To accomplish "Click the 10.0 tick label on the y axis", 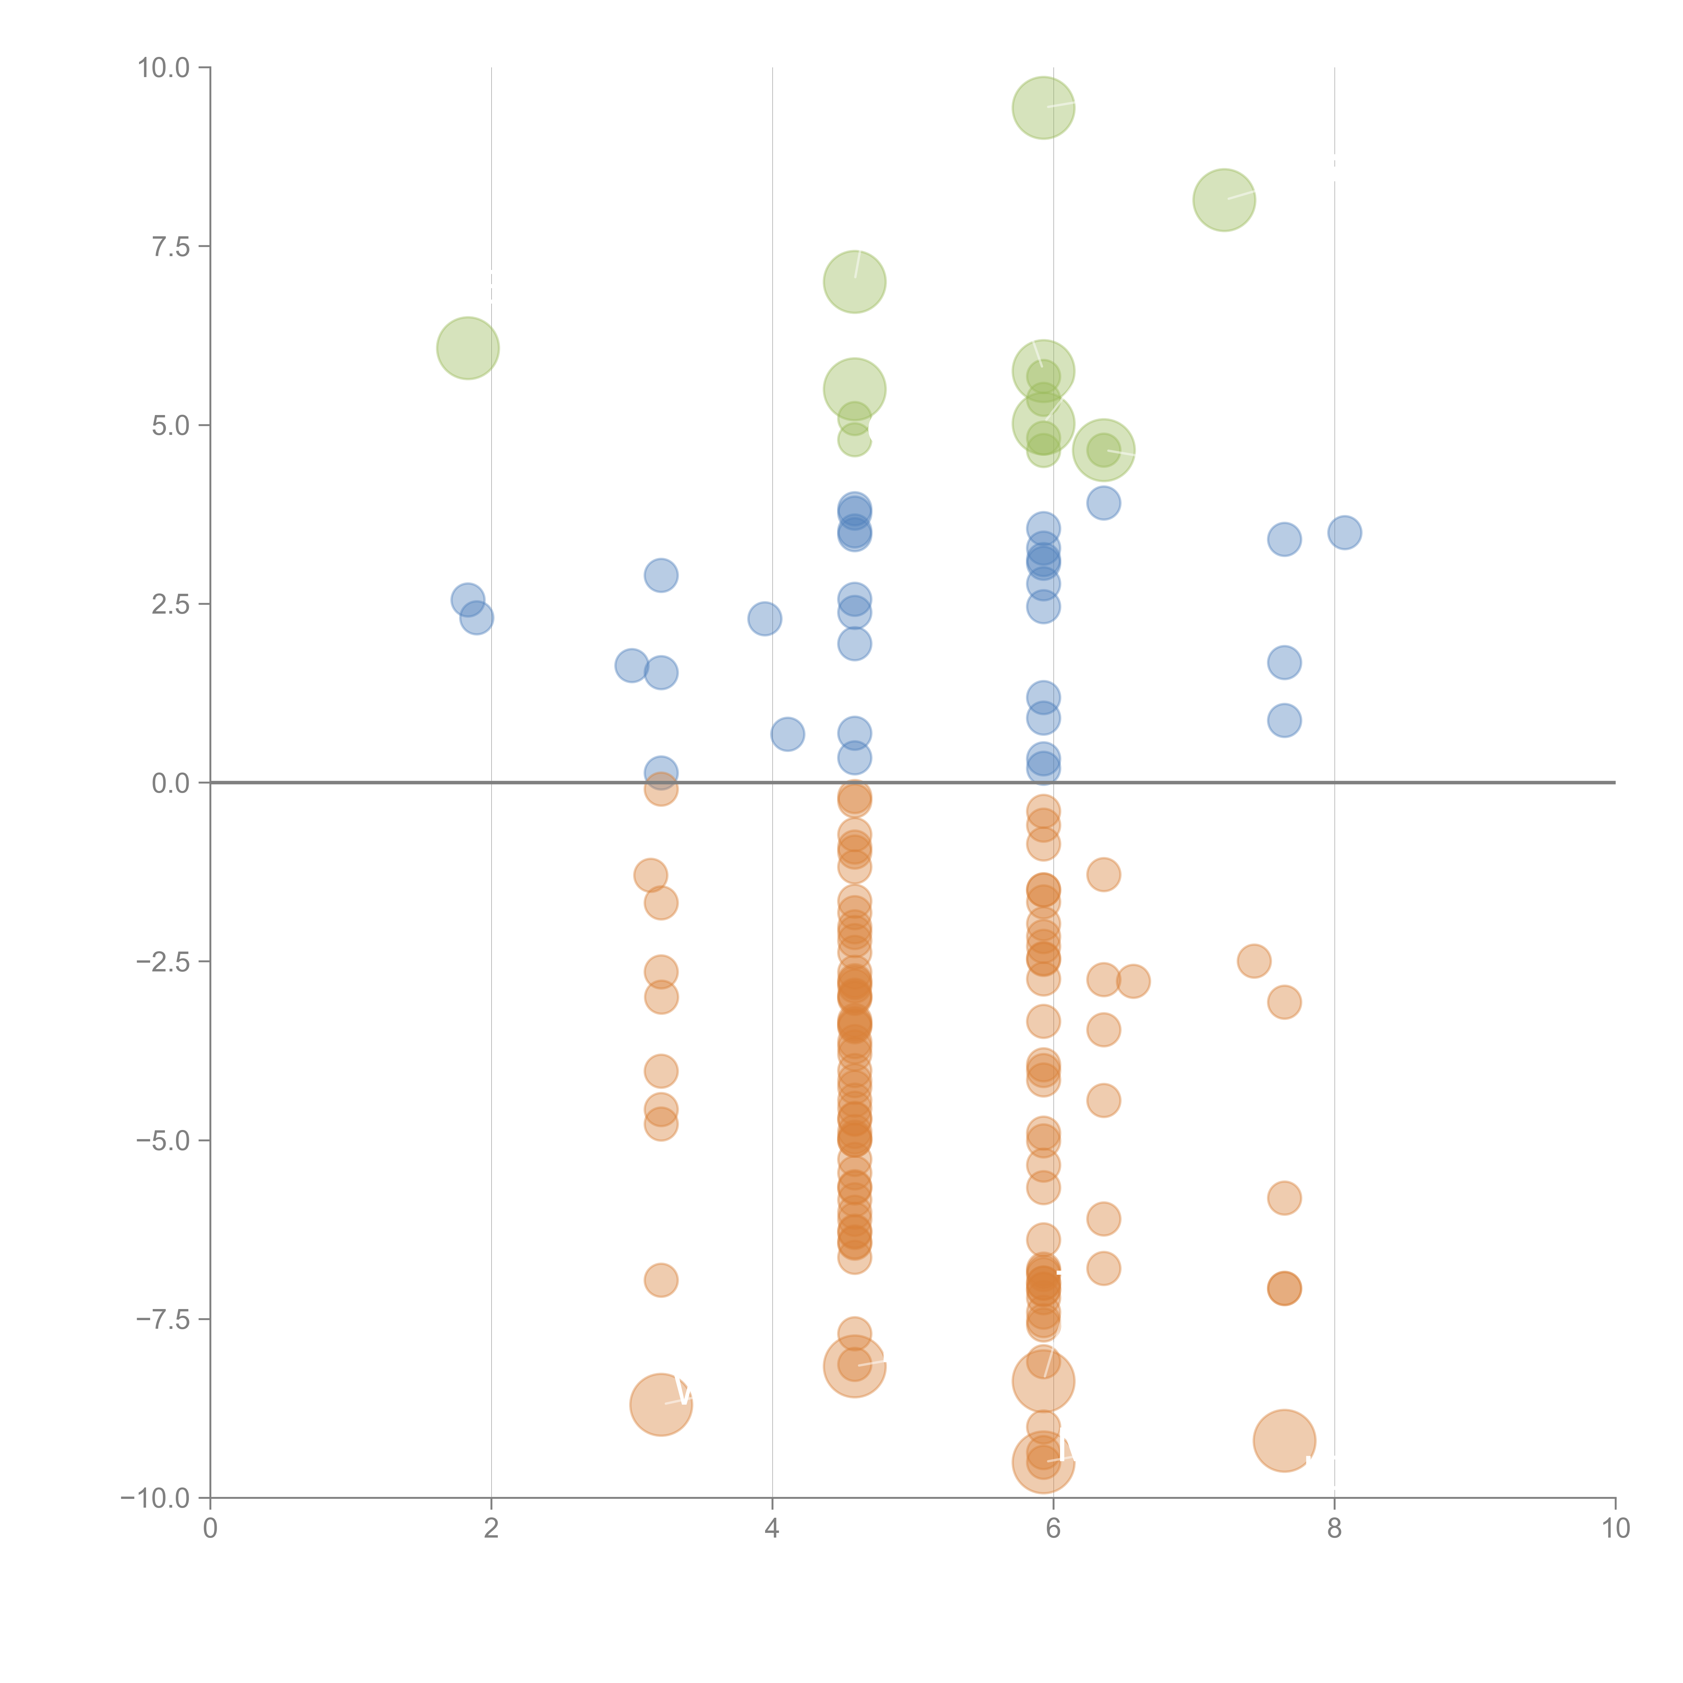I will (x=164, y=68).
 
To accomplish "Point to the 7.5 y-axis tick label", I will (x=171, y=246).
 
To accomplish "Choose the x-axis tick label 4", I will (x=772, y=1529).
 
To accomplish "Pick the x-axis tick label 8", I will (x=1334, y=1529).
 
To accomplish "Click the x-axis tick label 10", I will (x=1615, y=1529).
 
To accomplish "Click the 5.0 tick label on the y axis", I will (x=171, y=425).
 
